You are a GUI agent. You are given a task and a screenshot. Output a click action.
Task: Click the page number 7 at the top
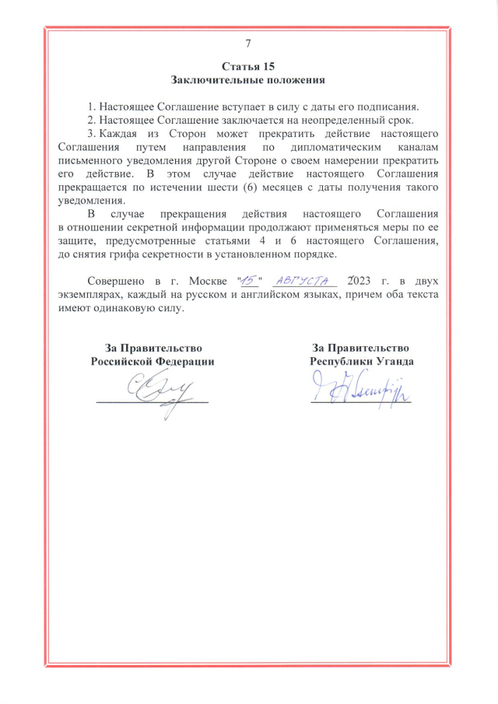pyautogui.click(x=248, y=43)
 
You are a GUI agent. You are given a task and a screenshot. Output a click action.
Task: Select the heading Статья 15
pyautogui.click(x=248, y=66)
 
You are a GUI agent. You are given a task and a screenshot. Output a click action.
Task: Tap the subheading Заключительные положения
pyautogui.click(x=248, y=80)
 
